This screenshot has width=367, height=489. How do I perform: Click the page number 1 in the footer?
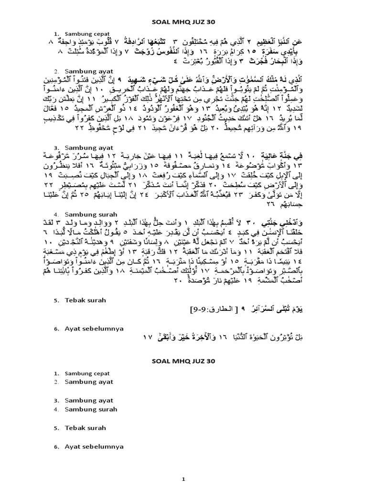tap(183, 478)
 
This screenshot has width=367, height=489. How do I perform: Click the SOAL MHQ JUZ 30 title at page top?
tap(183, 22)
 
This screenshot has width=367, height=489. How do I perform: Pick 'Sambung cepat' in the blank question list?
tap(89, 373)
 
